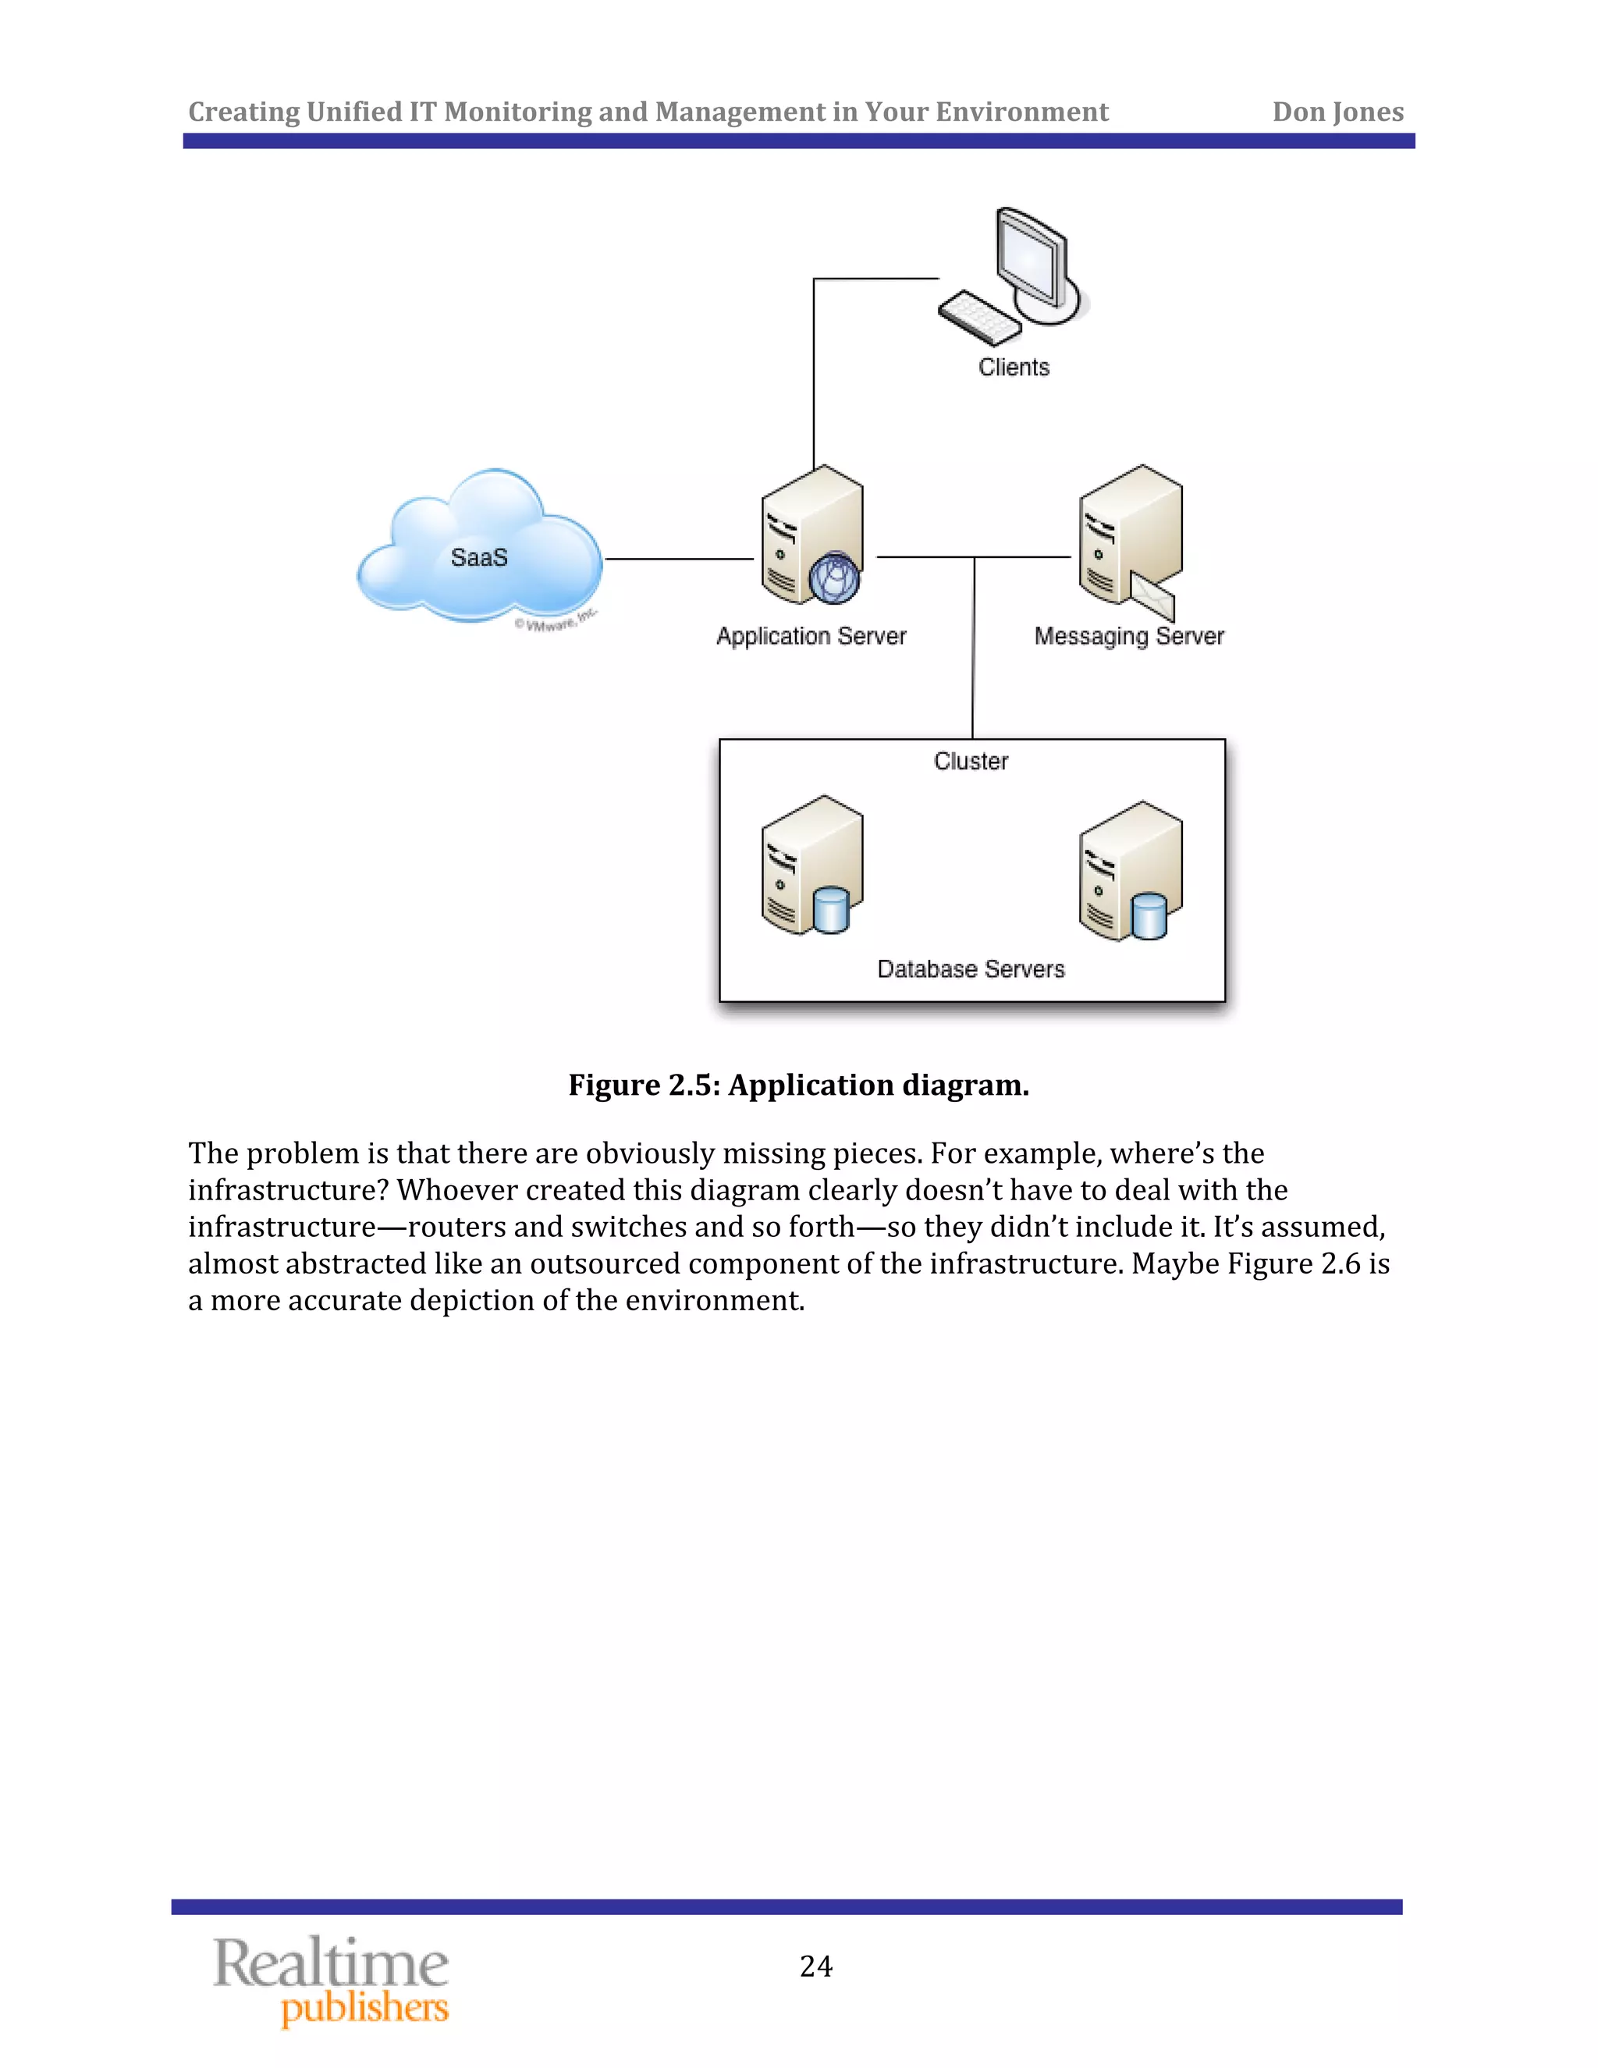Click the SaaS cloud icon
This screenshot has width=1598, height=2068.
coord(479,546)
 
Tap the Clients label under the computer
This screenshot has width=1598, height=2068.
coord(1014,368)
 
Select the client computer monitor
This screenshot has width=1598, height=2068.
coord(1035,258)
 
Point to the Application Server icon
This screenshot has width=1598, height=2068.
coord(811,535)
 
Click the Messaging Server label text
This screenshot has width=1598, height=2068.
coord(1128,636)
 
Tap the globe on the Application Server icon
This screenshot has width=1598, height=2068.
coord(834,577)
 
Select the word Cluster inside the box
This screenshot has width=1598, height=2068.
coord(971,762)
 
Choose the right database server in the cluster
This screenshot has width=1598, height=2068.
coord(1131,870)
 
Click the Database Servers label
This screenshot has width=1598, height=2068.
coord(971,969)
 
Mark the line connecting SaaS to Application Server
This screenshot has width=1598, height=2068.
coord(679,559)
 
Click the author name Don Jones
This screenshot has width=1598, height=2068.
coord(1337,112)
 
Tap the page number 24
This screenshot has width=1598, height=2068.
coord(816,1967)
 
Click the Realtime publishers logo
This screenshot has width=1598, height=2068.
coord(332,1981)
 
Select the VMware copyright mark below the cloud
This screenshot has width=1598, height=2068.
coord(556,621)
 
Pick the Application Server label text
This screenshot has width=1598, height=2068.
coord(811,636)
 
